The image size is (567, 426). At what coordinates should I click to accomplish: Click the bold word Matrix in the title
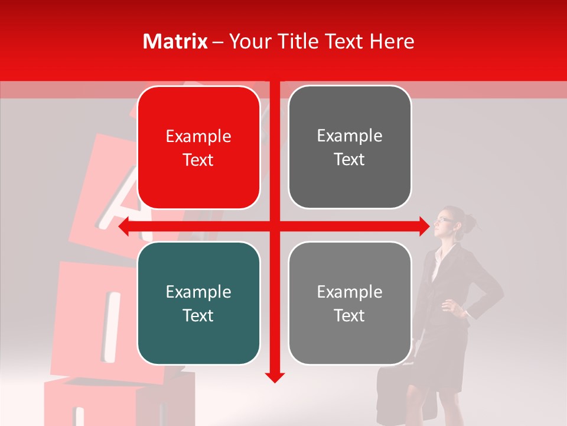pos(175,41)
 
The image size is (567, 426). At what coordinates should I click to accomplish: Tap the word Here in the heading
pos(392,41)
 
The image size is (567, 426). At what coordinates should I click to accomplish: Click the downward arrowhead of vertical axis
pos(275,377)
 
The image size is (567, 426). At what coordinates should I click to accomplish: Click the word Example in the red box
pos(198,137)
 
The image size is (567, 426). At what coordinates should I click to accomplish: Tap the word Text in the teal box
pos(198,315)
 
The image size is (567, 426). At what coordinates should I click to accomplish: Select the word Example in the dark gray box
pos(350,136)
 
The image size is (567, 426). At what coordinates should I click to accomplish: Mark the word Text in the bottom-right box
pos(350,315)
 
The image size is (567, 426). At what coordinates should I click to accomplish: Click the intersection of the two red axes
pos(275,227)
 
